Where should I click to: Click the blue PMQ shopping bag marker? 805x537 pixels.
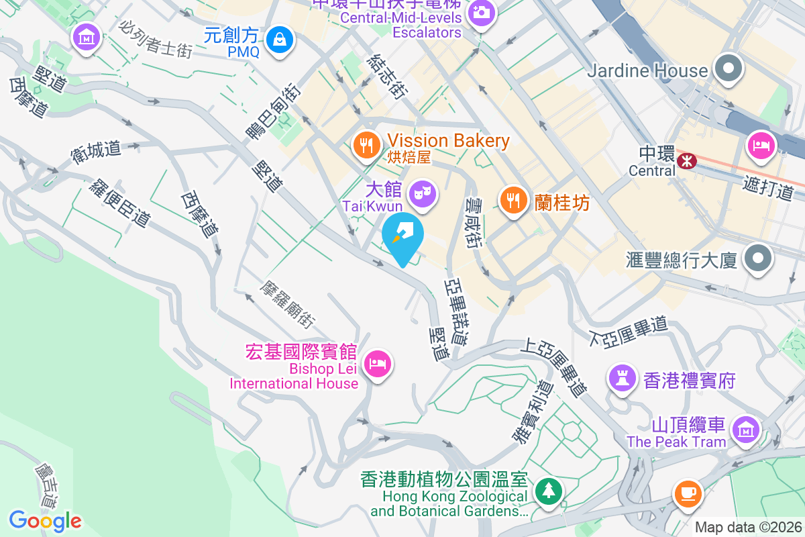pos(279,40)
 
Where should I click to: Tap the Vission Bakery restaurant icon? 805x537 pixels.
pos(366,144)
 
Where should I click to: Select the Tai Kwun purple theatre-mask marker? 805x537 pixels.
pos(424,193)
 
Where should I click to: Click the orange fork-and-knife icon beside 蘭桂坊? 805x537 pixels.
pos(513,199)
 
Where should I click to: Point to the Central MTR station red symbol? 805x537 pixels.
pos(686,160)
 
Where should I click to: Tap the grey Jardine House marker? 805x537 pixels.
pos(727,68)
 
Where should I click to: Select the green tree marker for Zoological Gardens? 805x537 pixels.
pos(549,491)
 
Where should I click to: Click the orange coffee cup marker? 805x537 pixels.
pos(688,493)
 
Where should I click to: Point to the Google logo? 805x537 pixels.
pos(45,520)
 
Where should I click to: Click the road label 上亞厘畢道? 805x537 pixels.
pos(555,368)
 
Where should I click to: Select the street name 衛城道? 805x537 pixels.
pos(96,152)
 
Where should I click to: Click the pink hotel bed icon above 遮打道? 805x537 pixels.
pos(762,145)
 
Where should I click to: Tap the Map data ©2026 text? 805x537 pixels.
pos(748,528)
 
